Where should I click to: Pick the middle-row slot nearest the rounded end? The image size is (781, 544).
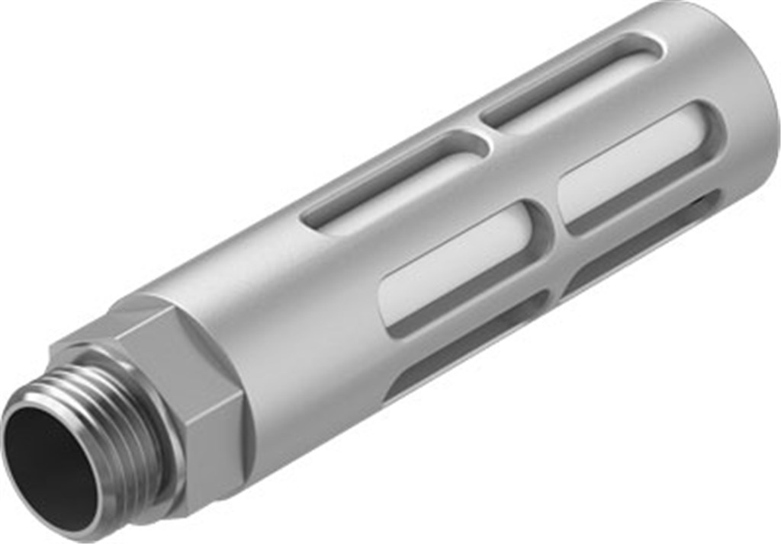[641, 168]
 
